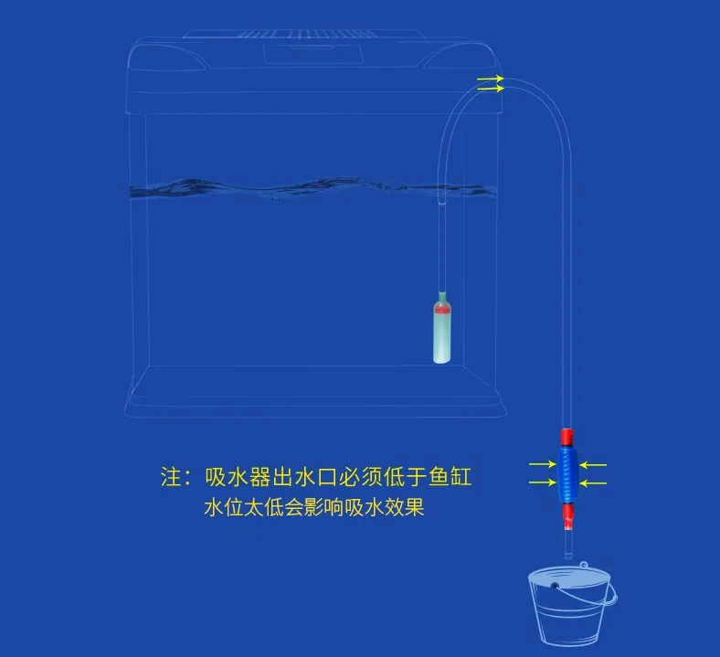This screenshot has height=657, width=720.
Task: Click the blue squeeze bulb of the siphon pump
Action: (x=566, y=472)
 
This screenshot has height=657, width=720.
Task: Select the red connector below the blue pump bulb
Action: (x=568, y=516)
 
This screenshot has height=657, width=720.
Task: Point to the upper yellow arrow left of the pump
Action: (x=542, y=464)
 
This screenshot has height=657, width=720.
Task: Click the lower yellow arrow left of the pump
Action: (x=542, y=481)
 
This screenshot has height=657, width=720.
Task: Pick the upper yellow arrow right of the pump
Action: (x=593, y=464)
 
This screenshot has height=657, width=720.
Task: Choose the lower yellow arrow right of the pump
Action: (x=593, y=481)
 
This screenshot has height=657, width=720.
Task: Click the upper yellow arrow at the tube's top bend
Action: (x=490, y=79)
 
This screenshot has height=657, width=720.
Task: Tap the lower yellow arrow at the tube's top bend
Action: (x=490, y=90)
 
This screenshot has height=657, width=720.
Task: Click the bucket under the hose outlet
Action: (x=571, y=608)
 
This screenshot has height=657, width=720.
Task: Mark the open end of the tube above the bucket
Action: (x=566, y=556)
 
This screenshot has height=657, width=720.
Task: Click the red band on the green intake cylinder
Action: (x=442, y=310)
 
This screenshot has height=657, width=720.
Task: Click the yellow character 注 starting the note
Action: (x=171, y=477)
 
